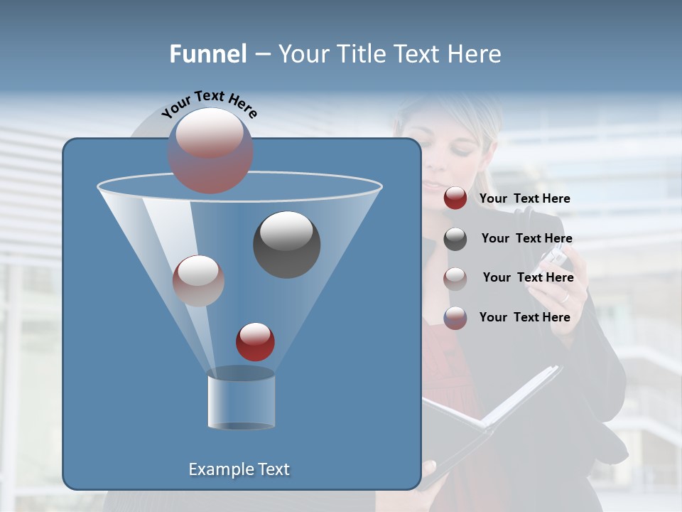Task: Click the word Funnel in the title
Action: pos(208,54)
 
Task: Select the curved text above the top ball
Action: pos(209,105)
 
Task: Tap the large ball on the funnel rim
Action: pos(210,151)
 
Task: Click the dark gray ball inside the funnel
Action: pos(286,245)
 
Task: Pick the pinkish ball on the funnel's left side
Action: pos(198,281)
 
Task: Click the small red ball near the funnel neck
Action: pos(255,341)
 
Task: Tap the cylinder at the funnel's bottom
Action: pos(241,398)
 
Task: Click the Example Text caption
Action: pos(239,469)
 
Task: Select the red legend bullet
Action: pos(455,198)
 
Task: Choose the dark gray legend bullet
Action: pos(455,239)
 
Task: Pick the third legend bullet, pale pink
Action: pos(455,278)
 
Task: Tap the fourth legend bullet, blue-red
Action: pos(455,318)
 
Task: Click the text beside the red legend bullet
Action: pos(524,198)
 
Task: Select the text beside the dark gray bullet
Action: pos(526,238)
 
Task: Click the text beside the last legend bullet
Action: pos(524,317)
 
